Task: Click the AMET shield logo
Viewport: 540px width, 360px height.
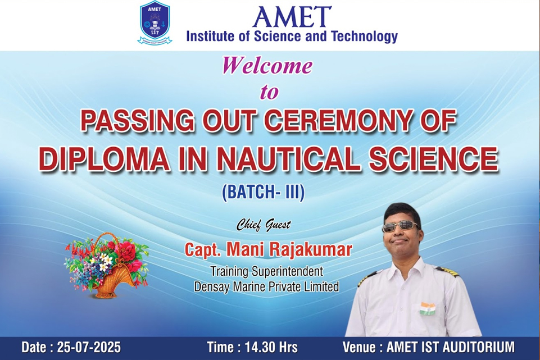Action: click(x=155, y=22)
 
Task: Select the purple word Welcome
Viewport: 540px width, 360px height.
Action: click(x=267, y=65)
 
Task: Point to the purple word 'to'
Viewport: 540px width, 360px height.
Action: click(x=269, y=92)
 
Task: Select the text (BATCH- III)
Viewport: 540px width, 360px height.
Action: click(x=264, y=193)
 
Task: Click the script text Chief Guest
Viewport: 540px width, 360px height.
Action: click(x=264, y=225)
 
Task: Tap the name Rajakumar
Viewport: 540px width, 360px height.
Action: click(x=310, y=249)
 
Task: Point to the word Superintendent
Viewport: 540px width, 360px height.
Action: click(x=287, y=271)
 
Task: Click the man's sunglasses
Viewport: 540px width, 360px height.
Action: click(x=400, y=227)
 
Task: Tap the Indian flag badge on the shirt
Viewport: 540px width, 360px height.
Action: click(x=427, y=308)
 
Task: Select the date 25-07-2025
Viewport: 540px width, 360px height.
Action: click(x=89, y=347)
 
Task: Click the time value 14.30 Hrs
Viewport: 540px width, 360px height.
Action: click(x=271, y=347)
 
